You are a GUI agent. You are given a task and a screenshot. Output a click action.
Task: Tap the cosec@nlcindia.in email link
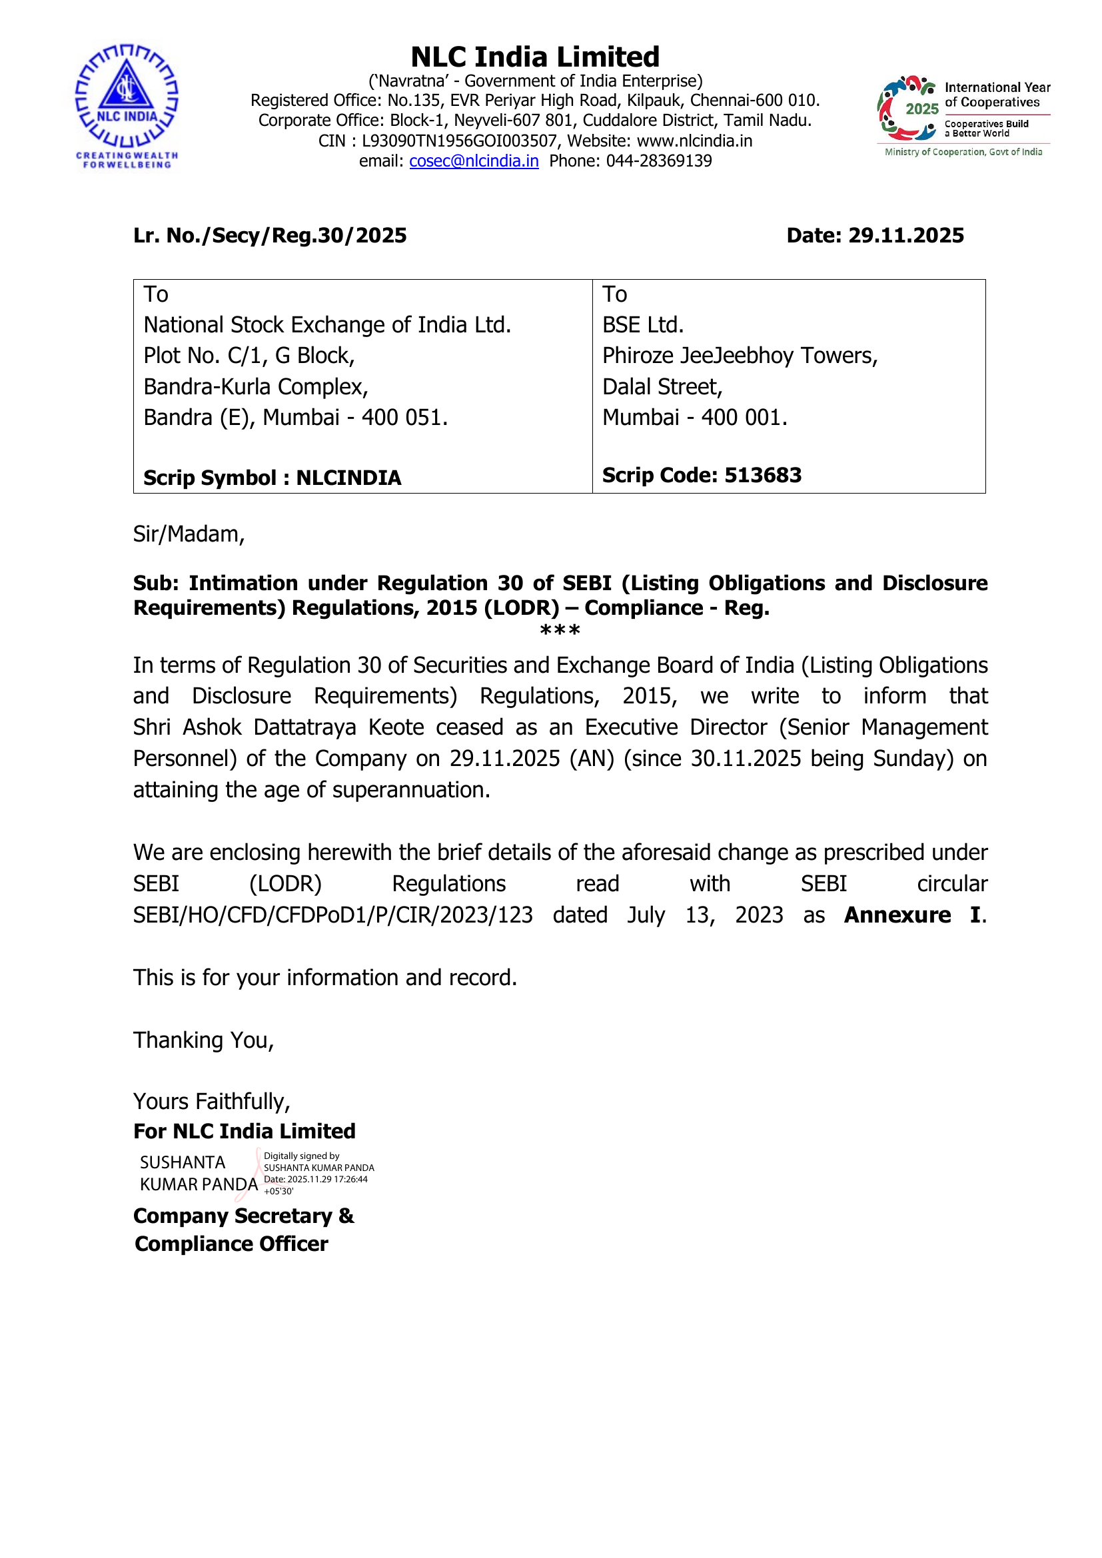tap(474, 161)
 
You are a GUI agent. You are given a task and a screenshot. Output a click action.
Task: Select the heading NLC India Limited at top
tap(535, 57)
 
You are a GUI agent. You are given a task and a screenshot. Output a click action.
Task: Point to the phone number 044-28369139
tap(658, 161)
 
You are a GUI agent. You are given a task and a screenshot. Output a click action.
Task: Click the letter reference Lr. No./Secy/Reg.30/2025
tap(269, 235)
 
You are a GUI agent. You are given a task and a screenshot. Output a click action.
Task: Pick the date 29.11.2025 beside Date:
tap(906, 235)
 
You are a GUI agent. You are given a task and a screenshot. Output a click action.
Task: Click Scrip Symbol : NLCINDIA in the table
tap(272, 478)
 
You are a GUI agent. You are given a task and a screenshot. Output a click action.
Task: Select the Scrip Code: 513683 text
tap(702, 475)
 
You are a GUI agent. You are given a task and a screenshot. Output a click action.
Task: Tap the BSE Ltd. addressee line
tap(642, 325)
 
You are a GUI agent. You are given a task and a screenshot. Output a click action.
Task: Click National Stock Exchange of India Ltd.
tap(326, 325)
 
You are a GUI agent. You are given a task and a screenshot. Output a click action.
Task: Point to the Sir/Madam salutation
tap(189, 534)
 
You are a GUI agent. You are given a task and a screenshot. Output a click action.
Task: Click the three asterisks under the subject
tap(560, 631)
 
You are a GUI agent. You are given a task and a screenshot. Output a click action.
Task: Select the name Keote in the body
tap(396, 727)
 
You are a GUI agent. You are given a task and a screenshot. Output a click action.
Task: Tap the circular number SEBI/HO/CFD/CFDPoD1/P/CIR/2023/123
tap(332, 915)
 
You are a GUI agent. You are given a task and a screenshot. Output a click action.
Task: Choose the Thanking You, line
tap(204, 1040)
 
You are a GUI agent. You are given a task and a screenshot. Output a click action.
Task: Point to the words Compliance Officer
tap(231, 1244)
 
